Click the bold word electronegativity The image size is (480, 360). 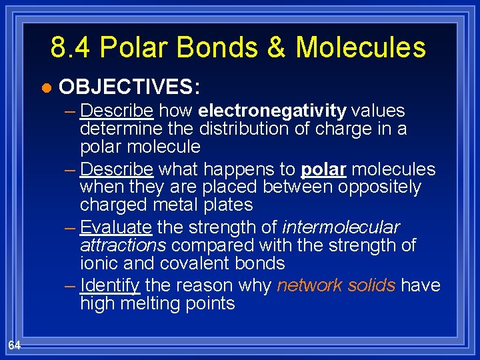tap(272, 110)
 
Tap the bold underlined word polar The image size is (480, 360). tap(323, 169)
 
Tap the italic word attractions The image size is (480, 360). tap(123, 245)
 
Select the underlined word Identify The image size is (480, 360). tap(110, 286)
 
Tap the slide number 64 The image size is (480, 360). tap(15, 345)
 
